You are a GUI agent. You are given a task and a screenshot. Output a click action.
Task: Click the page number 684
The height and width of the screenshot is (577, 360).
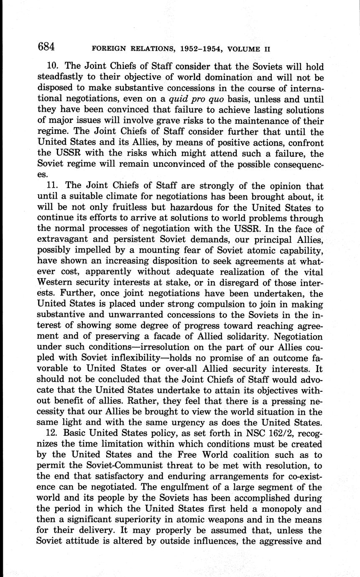[x=46, y=47]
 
